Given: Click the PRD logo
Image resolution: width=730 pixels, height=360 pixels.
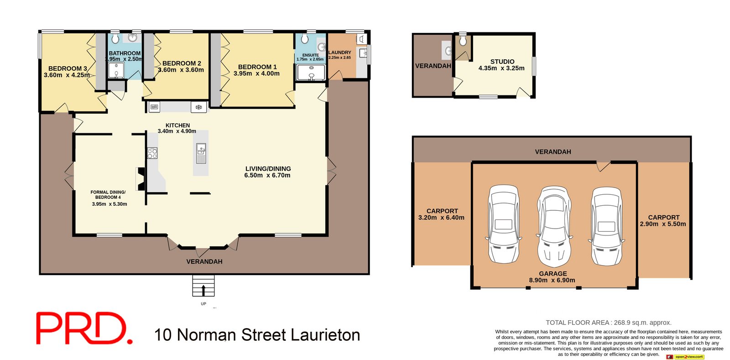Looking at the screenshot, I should (x=84, y=328).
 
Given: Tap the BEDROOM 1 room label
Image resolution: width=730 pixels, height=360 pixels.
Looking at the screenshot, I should (x=257, y=67).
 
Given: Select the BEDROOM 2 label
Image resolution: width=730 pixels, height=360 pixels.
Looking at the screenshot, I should (x=182, y=63).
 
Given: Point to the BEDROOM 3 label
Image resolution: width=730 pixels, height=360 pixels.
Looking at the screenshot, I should (x=68, y=68).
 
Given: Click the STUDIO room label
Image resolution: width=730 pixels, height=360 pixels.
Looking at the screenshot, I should (x=502, y=62).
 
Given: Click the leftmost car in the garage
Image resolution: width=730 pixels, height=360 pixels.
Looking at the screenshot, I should (x=503, y=224).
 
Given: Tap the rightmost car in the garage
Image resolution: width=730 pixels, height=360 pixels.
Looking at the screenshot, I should (x=606, y=226).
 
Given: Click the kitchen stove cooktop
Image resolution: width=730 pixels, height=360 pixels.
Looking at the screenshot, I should (x=152, y=153).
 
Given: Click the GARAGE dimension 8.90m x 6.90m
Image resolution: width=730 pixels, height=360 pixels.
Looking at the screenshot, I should (x=552, y=280).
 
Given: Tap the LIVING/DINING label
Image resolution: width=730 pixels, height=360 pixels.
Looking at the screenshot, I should (x=268, y=169).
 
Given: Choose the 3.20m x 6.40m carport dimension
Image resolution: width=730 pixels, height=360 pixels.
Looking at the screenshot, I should (x=441, y=218).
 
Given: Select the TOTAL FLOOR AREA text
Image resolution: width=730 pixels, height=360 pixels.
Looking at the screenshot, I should (x=608, y=323).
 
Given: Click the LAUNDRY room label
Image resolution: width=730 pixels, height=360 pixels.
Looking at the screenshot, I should (x=339, y=52).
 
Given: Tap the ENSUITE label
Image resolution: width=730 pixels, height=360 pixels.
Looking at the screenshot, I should (x=310, y=55).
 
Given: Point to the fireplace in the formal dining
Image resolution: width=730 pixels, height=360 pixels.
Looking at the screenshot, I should (x=141, y=178).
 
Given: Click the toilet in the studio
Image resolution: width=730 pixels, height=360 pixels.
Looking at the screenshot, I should (x=463, y=41).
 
